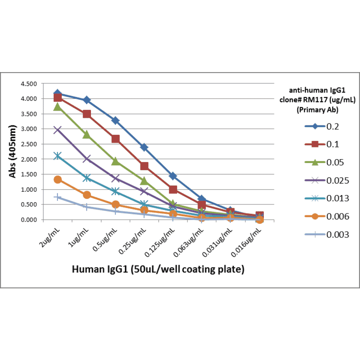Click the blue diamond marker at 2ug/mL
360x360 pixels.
[x=57, y=93]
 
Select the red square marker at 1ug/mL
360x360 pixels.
[x=87, y=114]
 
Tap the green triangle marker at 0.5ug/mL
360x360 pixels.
[x=115, y=161]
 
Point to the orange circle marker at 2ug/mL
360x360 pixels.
[x=57, y=180]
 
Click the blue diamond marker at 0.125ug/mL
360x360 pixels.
[x=173, y=176]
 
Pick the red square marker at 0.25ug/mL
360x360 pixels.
[x=144, y=166]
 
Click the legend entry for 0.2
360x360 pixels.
[x=320, y=126]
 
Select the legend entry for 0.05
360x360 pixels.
[x=320, y=162]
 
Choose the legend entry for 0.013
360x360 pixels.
[x=320, y=198]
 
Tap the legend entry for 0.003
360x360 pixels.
[x=320, y=234]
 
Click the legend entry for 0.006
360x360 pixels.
[x=320, y=216]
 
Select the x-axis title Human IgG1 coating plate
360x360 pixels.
[x=158, y=270]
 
